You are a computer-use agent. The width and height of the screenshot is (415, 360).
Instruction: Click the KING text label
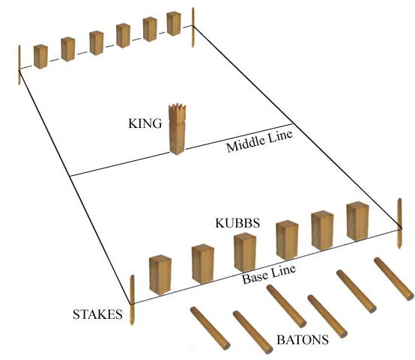click(x=145, y=123)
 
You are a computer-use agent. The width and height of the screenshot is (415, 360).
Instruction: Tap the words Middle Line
click(x=260, y=141)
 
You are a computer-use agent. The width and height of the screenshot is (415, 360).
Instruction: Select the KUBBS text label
click(x=237, y=223)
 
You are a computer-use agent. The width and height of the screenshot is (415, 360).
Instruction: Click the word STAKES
click(x=97, y=314)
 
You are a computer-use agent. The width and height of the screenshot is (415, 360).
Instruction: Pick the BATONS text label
click(x=303, y=340)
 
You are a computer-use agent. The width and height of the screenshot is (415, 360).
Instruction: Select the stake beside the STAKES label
click(x=132, y=300)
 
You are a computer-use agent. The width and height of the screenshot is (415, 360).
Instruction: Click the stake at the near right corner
click(x=399, y=223)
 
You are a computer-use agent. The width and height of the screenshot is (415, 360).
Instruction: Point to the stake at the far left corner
click(x=19, y=65)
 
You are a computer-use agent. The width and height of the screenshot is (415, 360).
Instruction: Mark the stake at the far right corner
click(x=193, y=28)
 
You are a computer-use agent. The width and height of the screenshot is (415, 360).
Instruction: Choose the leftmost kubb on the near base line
click(x=160, y=275)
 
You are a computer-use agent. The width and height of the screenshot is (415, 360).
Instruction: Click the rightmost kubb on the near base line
click(x=357, y=221)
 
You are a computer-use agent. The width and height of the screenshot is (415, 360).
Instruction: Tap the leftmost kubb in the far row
click(x=40, y=57)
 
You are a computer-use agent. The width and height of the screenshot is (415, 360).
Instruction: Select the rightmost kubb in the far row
click(x=174, y=24)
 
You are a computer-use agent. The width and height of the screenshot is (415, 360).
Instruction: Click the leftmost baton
click(x=210, y=329)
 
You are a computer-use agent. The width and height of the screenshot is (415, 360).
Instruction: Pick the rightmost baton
click(x=394, y=279)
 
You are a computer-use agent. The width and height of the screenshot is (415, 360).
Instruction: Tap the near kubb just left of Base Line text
click(x=245, y=253)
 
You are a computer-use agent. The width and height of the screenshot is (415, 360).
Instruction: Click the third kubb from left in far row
click(x=97, y=43)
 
